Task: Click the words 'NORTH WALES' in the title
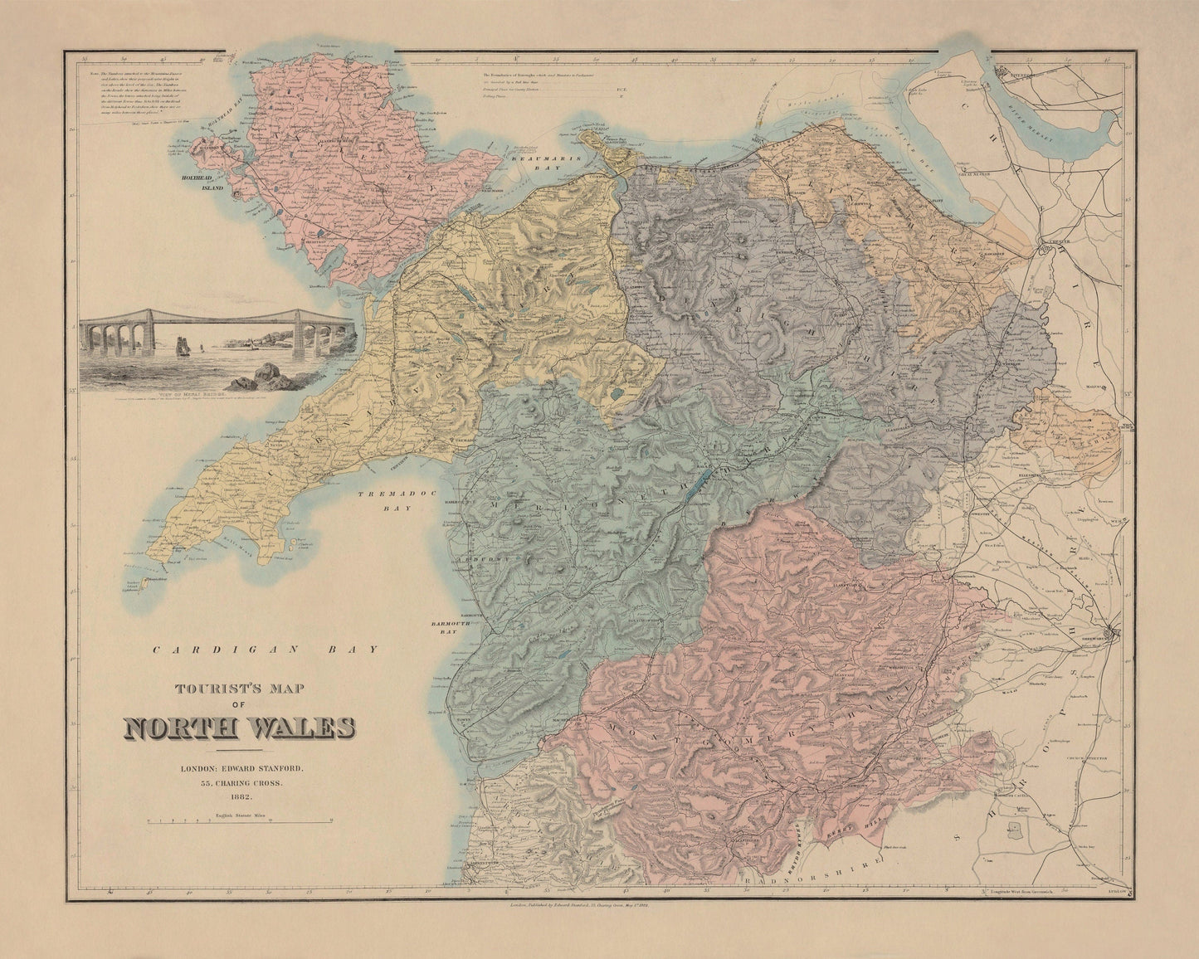coord(240,728)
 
